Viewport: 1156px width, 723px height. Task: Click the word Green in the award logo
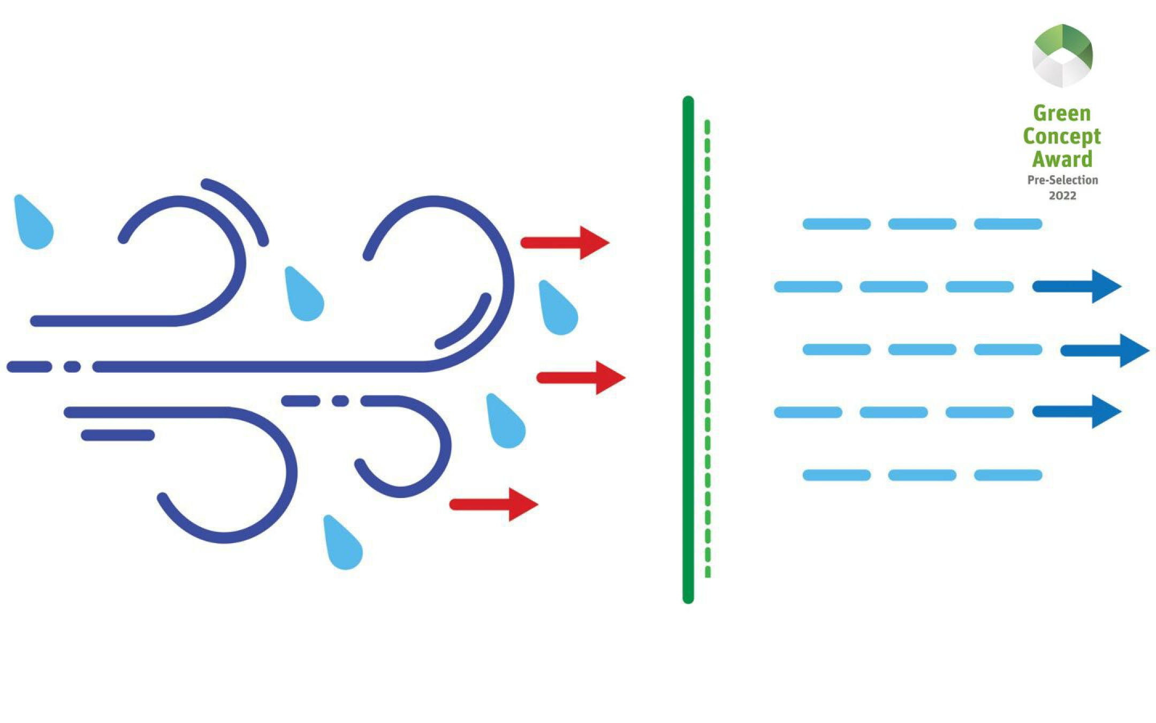click(x=1062, y=114)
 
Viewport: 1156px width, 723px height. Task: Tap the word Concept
click(x=1062, y=137)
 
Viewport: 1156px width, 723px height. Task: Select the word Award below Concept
click(x=1062, y=159)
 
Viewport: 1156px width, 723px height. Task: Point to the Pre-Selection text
click(x=1062, y=180)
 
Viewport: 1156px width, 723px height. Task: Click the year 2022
click(x=1062, y=195)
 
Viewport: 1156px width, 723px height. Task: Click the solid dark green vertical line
click(x=688, y=348)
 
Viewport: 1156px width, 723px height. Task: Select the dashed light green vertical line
click(x=708, y=348)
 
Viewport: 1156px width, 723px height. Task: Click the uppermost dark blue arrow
click(x=1076, y=287)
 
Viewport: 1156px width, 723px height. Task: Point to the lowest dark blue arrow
click(x=1076, y=411)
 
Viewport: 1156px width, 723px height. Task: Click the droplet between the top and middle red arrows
click(x=558, y=311)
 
